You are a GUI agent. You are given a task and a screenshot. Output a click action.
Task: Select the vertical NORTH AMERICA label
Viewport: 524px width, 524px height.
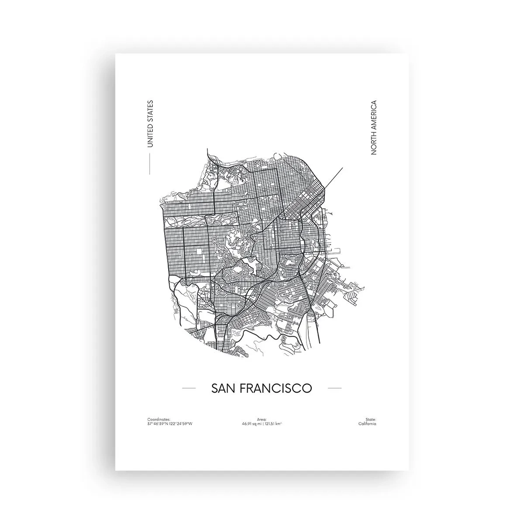(x=373, y=128)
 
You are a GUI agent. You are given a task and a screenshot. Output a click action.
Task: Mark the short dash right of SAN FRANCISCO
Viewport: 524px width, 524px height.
(x=334, y=388)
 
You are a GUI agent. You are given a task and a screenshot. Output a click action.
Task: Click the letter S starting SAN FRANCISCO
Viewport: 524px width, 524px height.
(x=215, y=388)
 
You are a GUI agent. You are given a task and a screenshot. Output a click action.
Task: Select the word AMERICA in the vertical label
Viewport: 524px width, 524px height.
(x=373, y=115)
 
